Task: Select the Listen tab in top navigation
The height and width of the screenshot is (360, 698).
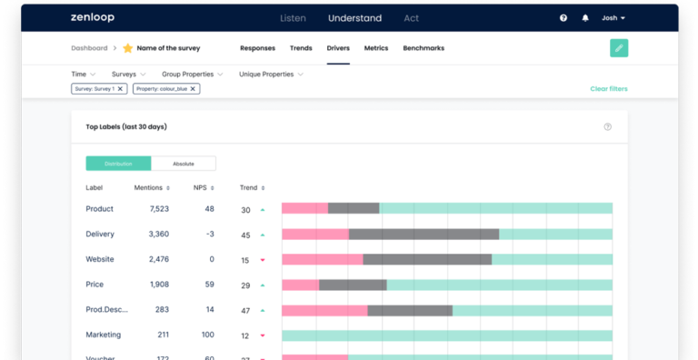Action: (293, 17)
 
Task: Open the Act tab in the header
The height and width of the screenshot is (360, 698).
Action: (412, 17)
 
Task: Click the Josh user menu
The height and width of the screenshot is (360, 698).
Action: (613, 17)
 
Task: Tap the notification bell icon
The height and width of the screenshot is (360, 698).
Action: (585, 17)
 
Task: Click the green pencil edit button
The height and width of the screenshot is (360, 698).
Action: (619, 48)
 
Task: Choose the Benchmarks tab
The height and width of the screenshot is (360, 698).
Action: (424, 48)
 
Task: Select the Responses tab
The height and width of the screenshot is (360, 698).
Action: (258, 48)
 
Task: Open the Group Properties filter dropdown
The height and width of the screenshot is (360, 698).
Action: (192, 74)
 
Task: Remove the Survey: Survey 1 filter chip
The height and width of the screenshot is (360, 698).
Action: (120, 89)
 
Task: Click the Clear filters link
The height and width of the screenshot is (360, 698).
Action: (608, 89)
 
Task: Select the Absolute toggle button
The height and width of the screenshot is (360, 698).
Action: (184, 164)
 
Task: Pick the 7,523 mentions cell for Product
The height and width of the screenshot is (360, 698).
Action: (153, 209)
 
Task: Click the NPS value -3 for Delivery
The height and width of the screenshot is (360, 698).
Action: (210, 235)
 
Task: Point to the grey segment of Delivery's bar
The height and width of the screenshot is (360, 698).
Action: (424, 235)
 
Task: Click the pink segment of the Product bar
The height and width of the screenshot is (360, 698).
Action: (304, 208)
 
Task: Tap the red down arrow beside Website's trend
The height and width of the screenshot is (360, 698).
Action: (263, 260)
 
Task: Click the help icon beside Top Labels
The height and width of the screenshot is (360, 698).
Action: (608, 127)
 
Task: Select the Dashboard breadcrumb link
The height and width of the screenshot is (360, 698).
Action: (89, 48)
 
